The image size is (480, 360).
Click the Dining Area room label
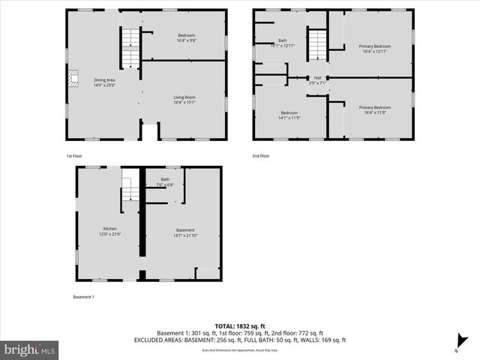point(104,82)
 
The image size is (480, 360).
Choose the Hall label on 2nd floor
point(317,80)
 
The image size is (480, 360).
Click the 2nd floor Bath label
point(283,43)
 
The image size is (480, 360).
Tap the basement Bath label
point(165,181)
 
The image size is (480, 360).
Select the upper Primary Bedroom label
point(374,49)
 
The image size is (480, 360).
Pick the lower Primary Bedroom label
point(374,110)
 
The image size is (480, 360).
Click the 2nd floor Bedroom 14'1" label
point(289,115)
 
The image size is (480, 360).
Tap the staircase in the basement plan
point(130,189)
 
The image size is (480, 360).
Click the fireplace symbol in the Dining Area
point(73,79)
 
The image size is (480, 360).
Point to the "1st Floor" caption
point(73,155)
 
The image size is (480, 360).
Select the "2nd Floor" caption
point(261,155)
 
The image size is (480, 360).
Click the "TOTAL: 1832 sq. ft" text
point(239,325)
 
